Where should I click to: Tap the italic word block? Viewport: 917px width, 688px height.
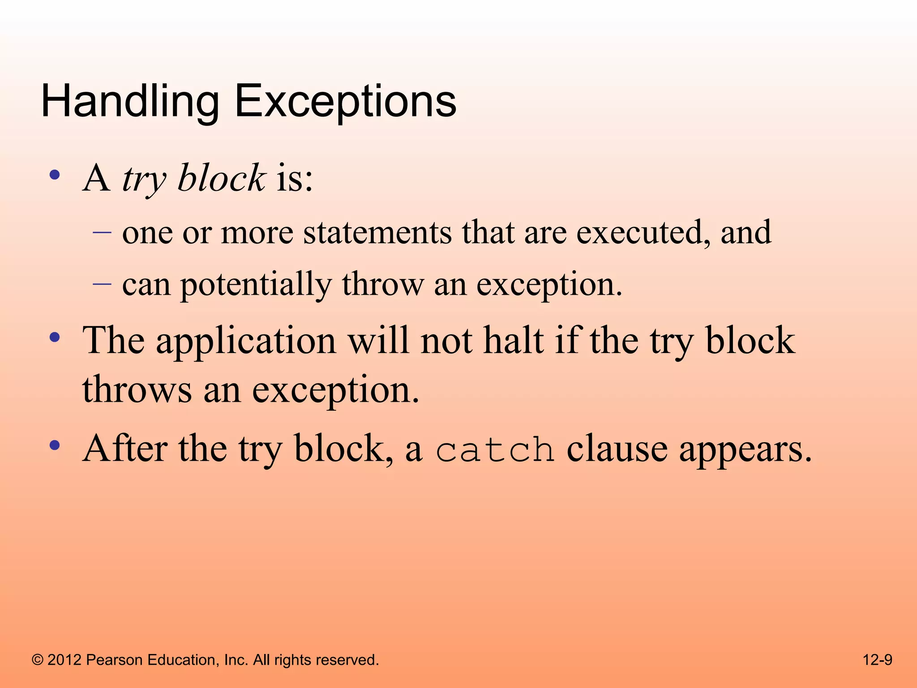pos(222,178)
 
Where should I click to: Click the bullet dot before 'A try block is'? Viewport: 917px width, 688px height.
pos(55,175)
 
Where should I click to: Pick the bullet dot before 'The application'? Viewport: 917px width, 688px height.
pos(55,337)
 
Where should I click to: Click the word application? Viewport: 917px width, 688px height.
pos(246,341)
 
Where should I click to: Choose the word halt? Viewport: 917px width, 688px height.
pos(514,340)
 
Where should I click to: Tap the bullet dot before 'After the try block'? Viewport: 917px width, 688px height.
pos(55,445)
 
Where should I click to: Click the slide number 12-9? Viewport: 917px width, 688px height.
pos(877,660)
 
